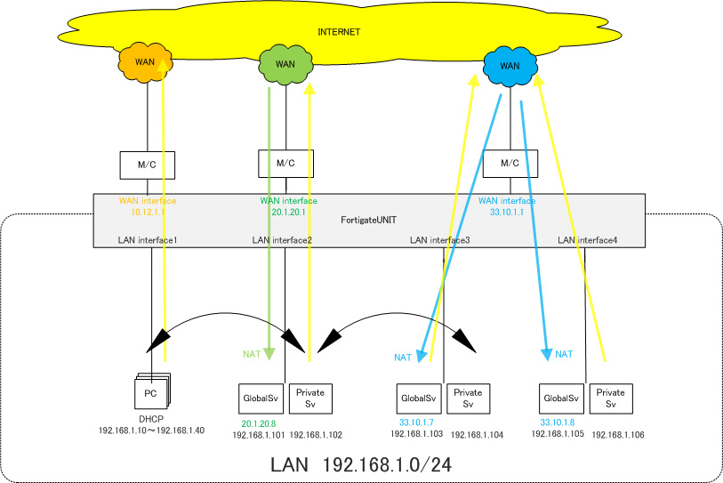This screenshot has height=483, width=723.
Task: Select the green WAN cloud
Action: tap(285, 63)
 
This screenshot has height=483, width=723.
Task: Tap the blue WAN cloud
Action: tap(510, 65)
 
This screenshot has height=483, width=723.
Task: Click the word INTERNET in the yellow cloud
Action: tap(339, 32)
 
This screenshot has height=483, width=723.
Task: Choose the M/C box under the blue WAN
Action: tap(510, 164)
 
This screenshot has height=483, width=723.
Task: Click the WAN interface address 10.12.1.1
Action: tap(142, 213)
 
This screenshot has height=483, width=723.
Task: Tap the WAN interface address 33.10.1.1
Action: tap(507, 213)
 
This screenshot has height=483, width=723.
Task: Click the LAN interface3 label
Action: tap(439, 240)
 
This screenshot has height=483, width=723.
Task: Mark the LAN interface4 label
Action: tap(586, 240)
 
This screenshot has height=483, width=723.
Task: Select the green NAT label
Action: tap(252, 354)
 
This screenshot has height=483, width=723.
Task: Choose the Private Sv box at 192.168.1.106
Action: tap(611, 398)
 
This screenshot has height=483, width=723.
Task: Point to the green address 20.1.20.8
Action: tap(258, 423)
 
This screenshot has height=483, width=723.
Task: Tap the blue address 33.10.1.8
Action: tap(558, 423)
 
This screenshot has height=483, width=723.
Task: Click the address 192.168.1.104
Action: tap(478, 435)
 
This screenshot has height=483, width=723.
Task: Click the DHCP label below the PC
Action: tap(151, 419)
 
